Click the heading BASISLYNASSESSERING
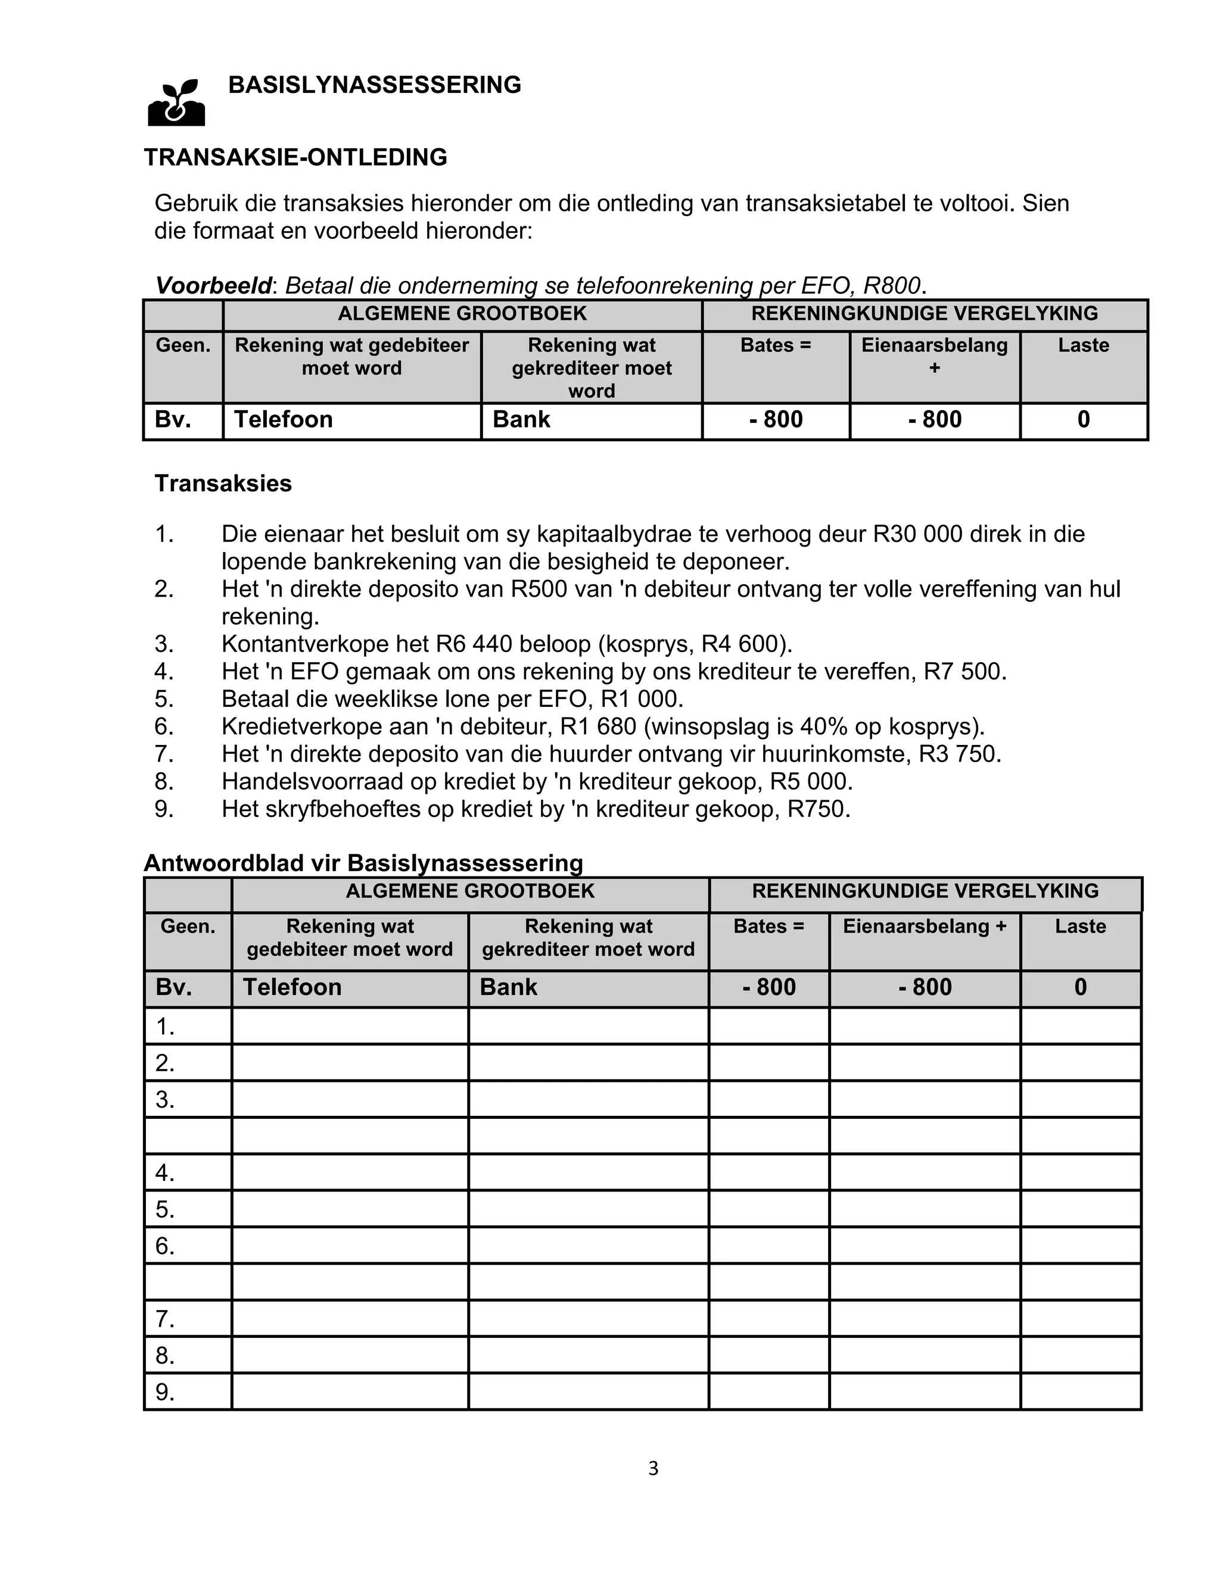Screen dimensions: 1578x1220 (374, 85)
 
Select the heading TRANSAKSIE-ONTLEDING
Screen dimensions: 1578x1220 (295, 158)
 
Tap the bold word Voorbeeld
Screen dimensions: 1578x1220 (213, 286)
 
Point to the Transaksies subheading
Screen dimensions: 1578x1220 (223, 484)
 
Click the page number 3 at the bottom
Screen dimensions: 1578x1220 (653, 1469)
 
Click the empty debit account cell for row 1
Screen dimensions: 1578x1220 (350, 1026)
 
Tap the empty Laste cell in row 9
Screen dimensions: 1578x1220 (1081, 1392)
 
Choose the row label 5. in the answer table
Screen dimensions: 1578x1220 (166, 1209)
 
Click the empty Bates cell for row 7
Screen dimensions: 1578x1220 (768, 1320)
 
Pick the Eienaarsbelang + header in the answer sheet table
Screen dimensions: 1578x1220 (925, 927)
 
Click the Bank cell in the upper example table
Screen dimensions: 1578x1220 (521, 420)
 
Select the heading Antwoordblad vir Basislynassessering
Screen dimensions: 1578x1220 (363, 863)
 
